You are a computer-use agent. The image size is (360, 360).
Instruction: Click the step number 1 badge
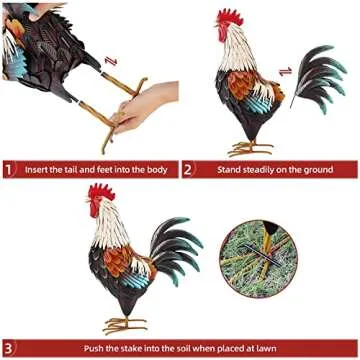[x=10, y=169]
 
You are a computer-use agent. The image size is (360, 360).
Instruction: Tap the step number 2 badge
[x=189, y=169]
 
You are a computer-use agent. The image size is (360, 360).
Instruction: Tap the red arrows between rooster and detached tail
[x=285, y=72]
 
